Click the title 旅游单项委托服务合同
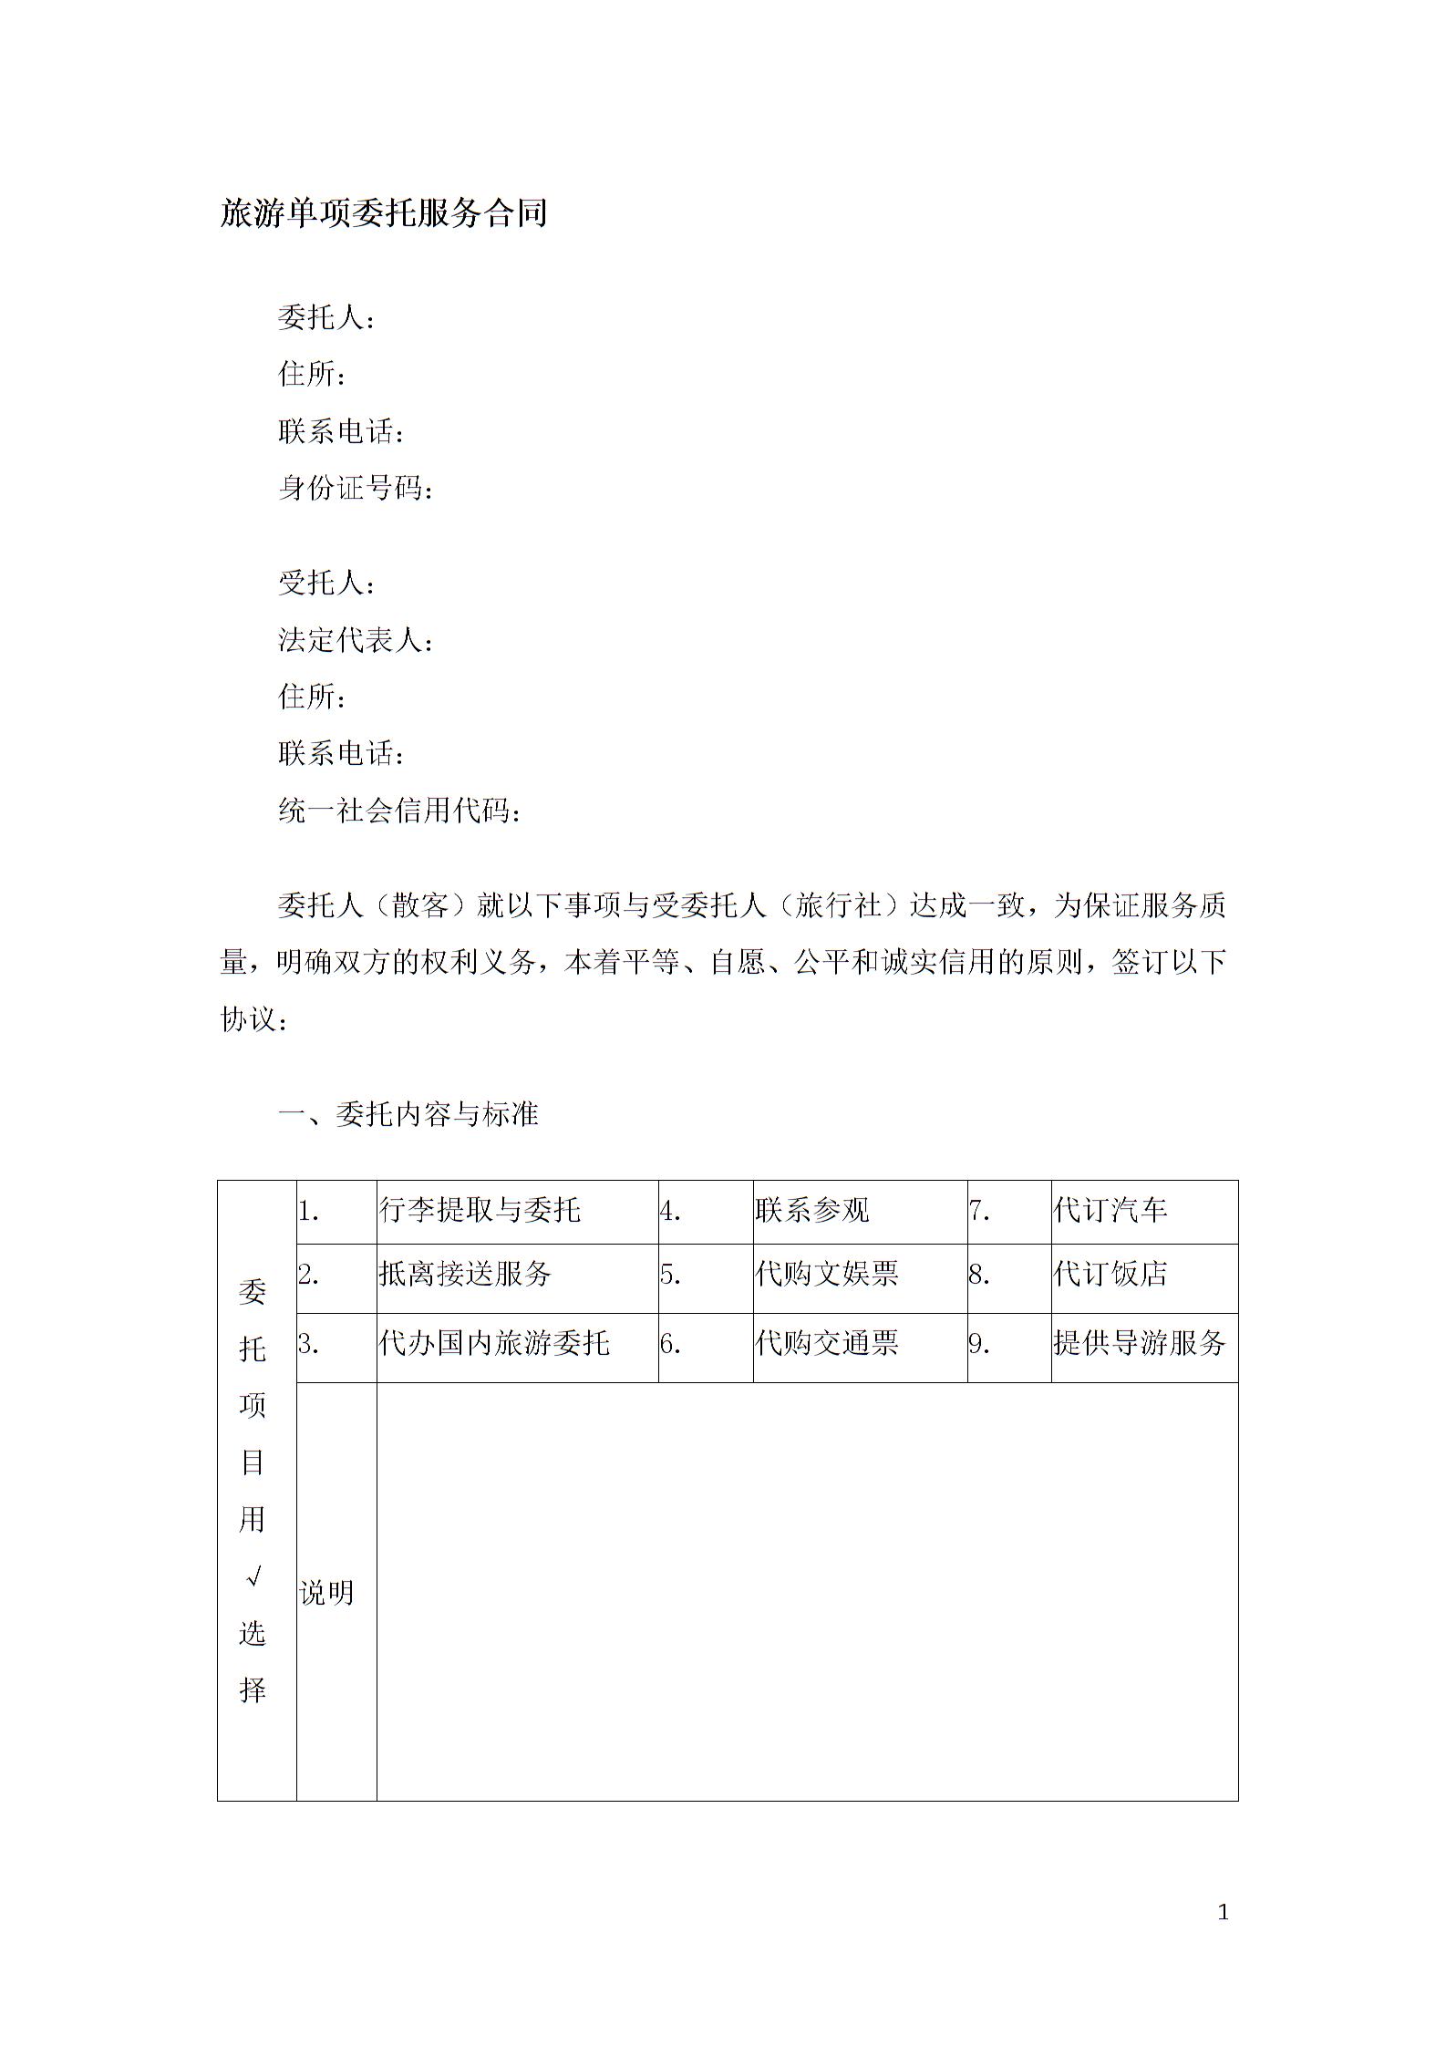pos(383,213)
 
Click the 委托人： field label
pos(325,318)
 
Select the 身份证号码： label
pos(356,489)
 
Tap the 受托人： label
pos(325,583)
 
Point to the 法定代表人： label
pos(356,640)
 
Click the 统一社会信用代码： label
pos(399,811)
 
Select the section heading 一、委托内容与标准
pos(408,1113)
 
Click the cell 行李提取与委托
pos(480,1210)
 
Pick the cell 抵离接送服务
pos(465,1274)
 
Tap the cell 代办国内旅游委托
pos(494,1343)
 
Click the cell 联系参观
pos(811,1210)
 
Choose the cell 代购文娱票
pos(826,1274)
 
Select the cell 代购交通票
pos(826,1343)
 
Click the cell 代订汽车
pos(1110,1210)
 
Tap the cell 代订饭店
pos(1110,1274)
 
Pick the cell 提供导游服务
pos(1139,1343)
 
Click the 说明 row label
pos(326,1593)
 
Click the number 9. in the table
pos(979,1344)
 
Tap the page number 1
pos(1223,1906)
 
